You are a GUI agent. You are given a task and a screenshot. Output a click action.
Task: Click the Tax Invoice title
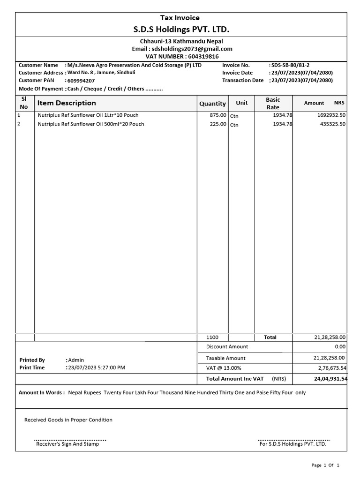coord(180,18)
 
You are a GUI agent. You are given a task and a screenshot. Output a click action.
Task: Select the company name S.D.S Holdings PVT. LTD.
coord(181,30)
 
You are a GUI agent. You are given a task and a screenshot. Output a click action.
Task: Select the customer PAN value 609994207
coord(81,81)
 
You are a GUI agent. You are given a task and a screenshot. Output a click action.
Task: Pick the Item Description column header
coord(67,103)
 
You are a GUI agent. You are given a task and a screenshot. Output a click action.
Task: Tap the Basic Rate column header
coord(273,103)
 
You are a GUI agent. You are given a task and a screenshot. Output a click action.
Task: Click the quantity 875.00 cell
coord(218,115)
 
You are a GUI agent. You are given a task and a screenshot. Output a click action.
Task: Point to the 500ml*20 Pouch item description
coord(91,124)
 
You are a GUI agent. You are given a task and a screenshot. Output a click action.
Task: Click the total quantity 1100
coord(213,337)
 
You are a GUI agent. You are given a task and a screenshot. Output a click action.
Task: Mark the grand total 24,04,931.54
coord(330,378)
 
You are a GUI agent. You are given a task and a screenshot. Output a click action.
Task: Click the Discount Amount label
coord(227,346)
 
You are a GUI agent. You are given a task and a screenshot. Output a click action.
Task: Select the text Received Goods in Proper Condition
coord(68,420)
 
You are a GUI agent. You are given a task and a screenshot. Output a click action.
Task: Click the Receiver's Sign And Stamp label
coord(67,444)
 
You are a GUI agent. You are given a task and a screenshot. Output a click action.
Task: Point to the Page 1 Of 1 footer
coord(325,465)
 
